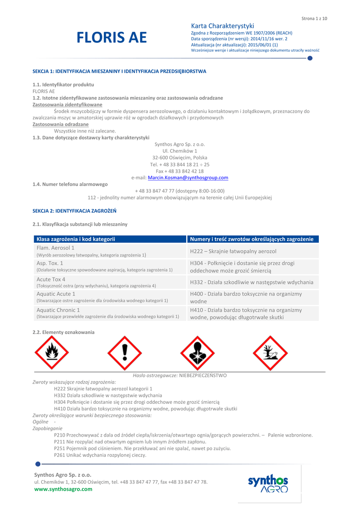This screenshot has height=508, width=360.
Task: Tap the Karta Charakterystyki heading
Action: pos(222,26)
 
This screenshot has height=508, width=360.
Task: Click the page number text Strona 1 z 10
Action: pos(314,18)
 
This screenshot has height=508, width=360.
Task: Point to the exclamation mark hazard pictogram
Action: pos(125,353)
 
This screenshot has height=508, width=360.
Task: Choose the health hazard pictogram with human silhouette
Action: pos(198,353)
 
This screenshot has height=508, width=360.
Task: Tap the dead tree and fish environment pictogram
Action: pos(270,353)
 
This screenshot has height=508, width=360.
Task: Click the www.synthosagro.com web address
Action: pos(63,489)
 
